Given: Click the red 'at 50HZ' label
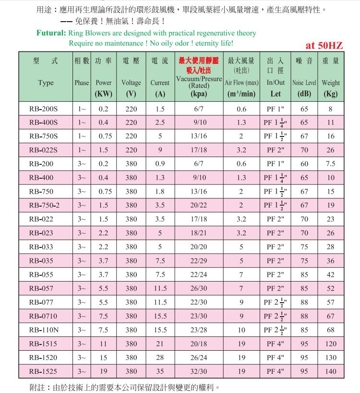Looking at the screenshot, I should coord(324,46).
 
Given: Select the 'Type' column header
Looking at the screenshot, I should coord(46,83).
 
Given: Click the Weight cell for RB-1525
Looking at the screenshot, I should coord(330,371).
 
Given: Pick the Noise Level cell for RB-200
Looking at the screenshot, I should coord(304,164).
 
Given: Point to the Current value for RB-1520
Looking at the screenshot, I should coord(160,358).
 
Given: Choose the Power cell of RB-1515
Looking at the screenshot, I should coord(103,344).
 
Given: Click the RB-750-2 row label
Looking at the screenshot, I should coord(45,206).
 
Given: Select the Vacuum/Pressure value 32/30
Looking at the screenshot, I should coord(199,371).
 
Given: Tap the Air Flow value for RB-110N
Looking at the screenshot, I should coord(241,330).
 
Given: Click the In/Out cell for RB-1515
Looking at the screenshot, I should coord(276,344).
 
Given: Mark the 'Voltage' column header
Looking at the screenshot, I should coord(131,83).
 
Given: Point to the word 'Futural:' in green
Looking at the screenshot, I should coord(51,34).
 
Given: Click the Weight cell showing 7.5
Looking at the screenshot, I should coord(330,164).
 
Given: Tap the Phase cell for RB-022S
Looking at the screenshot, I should coord(82,150).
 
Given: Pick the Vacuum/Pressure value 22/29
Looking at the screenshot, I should coord(199,261).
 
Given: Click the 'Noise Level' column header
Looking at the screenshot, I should coord(304,83).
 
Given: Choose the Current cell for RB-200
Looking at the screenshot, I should coord(160,164).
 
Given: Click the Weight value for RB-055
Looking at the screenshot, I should coord(330,275).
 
